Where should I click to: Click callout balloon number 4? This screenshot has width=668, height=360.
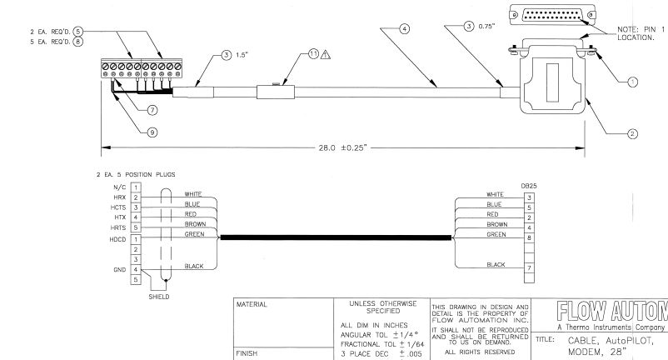pyautogui.click(x=406, y=28)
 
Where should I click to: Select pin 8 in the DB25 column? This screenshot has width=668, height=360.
pyautogui.click(x=528, y=237)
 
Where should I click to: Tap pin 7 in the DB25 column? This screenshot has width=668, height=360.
pyautogui.click(x=528, y=269)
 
